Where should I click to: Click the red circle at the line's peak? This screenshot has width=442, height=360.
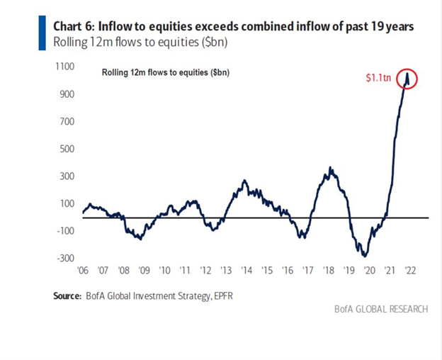[407, 78]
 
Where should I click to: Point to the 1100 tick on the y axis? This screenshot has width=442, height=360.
[66, 67]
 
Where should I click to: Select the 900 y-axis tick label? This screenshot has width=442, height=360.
[68, 94]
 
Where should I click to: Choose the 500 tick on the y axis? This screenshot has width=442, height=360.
[68, 149]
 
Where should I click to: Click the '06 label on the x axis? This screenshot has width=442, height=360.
[84, 271]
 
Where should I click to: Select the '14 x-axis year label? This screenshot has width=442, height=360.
[247, 271]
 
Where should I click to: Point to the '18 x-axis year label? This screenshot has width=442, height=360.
[329, 271]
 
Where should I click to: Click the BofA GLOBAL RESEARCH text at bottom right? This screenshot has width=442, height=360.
[379, 310]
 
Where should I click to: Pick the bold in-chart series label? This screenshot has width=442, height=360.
[160, 72]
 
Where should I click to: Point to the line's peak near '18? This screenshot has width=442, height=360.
[331, 168]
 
